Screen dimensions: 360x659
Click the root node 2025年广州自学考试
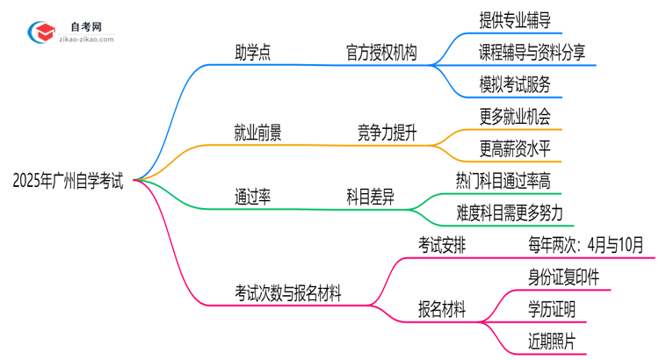pos(69,182)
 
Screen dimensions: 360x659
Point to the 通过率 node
pos(252,197)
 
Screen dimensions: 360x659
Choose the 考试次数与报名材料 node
pos(288,292)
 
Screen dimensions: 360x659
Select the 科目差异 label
pos(370,197)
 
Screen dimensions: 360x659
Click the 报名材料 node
pos(442,309)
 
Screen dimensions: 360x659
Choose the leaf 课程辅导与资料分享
pos(532,52)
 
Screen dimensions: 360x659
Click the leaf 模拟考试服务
pos(516,84)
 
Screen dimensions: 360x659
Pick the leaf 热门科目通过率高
pos(510,181)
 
